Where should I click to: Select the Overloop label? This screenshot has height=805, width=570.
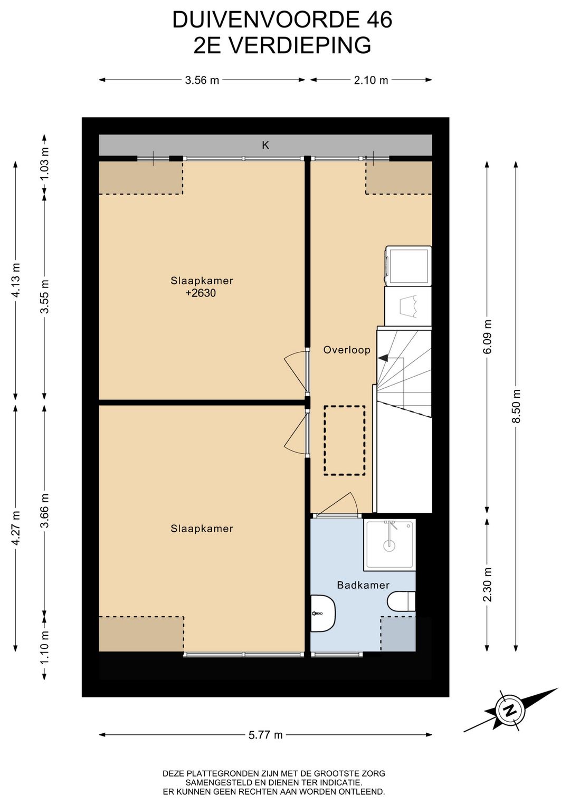pos(347,350)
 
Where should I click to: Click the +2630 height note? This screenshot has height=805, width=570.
pos(201,293)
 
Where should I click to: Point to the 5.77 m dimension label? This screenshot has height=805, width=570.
pos(265,734)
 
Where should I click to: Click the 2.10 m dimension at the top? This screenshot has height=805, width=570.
pos(371,80)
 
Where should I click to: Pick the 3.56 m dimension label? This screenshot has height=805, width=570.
pos(202,80)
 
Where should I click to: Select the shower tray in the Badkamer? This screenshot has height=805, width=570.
pos(389,544)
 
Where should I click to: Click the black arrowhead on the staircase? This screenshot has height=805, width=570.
pos(383,358)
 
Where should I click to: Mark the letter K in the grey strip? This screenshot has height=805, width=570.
pos(265,145)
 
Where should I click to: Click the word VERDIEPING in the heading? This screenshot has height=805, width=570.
pos(300,45)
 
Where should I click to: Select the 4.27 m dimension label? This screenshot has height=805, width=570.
pos(16,528)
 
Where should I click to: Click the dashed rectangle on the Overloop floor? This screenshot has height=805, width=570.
pos(344,440)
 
